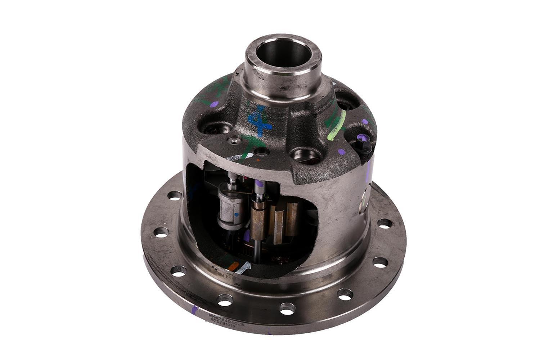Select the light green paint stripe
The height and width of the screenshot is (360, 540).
coord(337,126)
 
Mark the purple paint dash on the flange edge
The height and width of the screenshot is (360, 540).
coord(195,310)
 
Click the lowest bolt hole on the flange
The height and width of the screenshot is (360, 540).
coord(287,309)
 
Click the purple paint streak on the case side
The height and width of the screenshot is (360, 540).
coord(368,169)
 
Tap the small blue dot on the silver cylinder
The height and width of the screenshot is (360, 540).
coord(237,214)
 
